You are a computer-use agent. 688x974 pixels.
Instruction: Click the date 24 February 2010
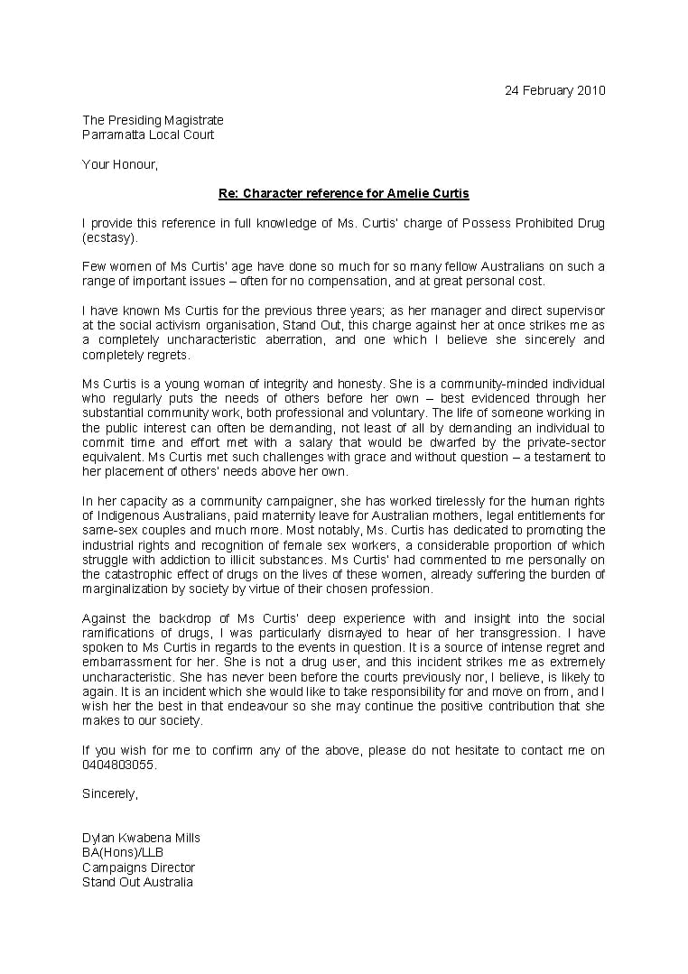coord(554,90)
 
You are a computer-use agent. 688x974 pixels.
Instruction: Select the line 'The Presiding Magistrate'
coord(153,120)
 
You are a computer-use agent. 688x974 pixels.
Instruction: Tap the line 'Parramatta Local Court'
coord(148,135)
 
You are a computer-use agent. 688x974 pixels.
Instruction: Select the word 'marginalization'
coord(126,589)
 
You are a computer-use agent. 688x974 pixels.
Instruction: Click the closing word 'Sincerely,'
coord(110,794)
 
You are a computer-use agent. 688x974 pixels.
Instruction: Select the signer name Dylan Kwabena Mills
coord(141,838)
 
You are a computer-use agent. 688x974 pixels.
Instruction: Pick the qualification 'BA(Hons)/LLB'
coord(123,852)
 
